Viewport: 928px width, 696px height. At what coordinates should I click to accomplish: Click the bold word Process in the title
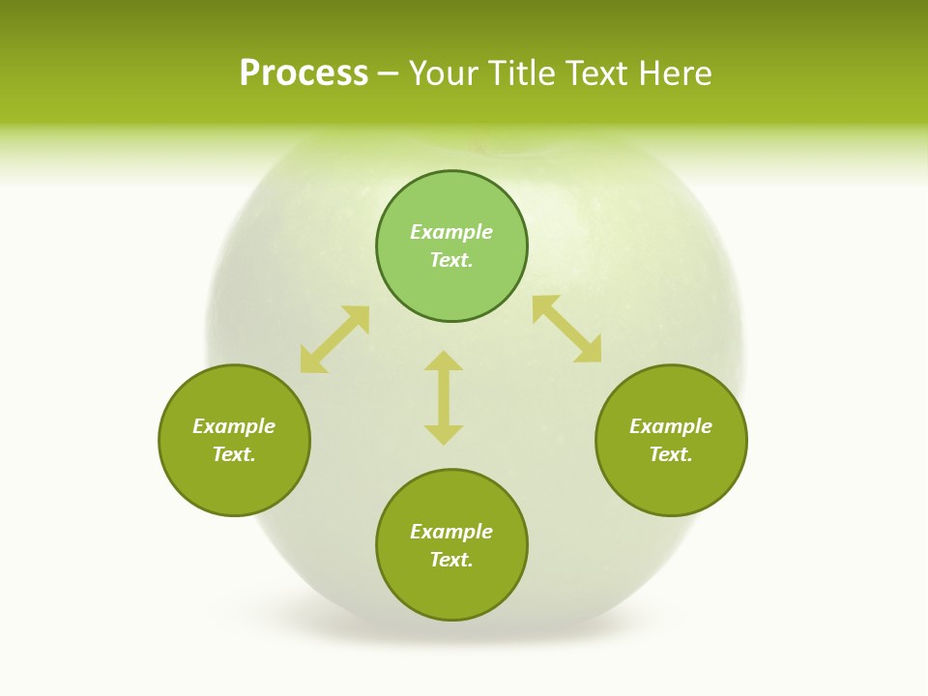[x=304, y=72]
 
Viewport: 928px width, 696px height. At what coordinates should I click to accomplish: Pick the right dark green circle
[x=671, y=478]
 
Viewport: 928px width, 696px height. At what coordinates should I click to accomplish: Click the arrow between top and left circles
[x=334, y=339]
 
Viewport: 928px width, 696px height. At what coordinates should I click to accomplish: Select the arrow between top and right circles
[x=567, y=330]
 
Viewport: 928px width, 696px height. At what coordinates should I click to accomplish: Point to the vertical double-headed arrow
[x=444, y=397]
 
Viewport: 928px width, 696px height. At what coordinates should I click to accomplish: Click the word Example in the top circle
[x=451, y=232]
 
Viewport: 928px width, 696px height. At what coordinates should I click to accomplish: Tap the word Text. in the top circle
[x=451, y=260]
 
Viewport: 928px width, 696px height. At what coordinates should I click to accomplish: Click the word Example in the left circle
[x=234, y=426]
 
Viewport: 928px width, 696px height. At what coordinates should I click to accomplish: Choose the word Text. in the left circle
[x=234, y=454]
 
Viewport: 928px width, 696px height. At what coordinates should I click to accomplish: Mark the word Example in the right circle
[x=671, y=426]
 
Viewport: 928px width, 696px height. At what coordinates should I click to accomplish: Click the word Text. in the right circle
[x=671, y=454]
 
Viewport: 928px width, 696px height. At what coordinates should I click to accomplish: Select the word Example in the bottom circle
[x=451, y=532]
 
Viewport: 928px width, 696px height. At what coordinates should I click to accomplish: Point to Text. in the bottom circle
[x=451, y=560]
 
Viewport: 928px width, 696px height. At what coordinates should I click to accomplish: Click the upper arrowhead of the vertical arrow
[x=444, y=362]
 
